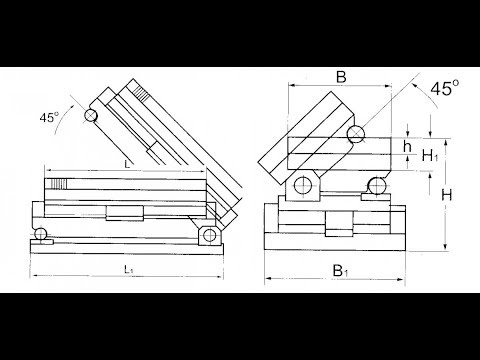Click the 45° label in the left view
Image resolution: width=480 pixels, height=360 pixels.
(49, 117)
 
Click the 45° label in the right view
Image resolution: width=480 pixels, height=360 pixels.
(444, 88)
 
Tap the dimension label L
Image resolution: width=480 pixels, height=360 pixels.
(127, 164)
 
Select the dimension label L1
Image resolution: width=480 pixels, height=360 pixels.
(129, 269)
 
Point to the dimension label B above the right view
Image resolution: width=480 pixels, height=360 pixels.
(341, 77)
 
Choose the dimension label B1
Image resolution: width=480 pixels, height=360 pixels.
(340, 271)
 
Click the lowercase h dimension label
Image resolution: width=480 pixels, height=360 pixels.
(407, 146)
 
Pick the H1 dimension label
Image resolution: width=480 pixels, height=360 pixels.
(430, 156)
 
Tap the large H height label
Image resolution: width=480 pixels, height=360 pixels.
(447, 195)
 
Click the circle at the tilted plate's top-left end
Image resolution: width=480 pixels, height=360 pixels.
(91, 116)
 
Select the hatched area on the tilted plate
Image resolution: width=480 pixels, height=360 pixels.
(141, 93)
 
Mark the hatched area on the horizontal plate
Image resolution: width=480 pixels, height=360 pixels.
(58, 184)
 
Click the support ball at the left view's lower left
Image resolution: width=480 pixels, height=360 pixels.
(41, 233)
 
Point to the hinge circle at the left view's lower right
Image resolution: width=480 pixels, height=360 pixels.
(209, 235)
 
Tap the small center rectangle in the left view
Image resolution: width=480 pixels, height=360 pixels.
(125, 213)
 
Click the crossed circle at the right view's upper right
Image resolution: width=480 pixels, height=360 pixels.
(356, 134)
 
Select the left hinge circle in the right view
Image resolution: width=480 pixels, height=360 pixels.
(303, 185)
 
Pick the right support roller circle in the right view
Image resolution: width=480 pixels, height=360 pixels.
(377, 186)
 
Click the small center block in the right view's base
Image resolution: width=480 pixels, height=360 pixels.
(339, 224)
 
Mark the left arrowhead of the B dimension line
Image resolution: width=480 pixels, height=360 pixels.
(292, 86)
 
